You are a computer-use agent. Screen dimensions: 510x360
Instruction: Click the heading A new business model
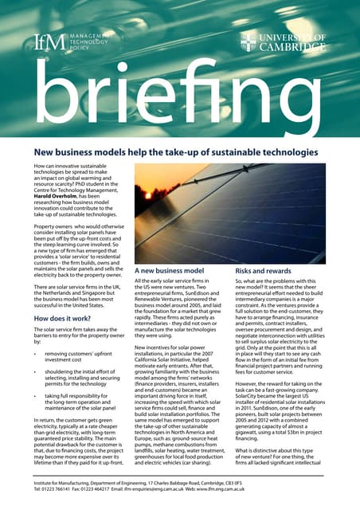click(x=169, y=271)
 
